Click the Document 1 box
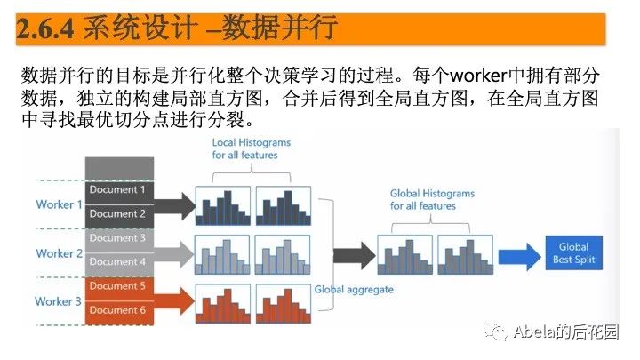[x=120, y=190]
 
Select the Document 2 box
[x=120, y=214]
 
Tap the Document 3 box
[x=120, y=238]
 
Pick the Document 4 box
[x=120, y=262]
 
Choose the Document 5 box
[x=120, y=286]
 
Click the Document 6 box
[x=120, y=310]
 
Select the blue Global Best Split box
[x=573, y=253]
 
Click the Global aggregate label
[x=354, y=290]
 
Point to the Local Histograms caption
[x=245, y=148]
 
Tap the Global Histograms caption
[x=432, y=200]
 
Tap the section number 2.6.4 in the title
[x=46, y=28]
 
